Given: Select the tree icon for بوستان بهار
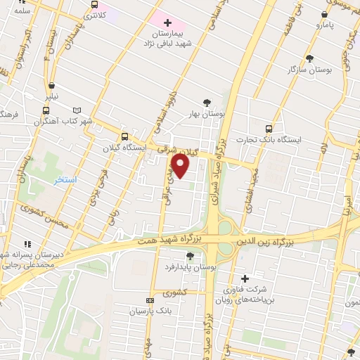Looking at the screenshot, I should click(207, 101).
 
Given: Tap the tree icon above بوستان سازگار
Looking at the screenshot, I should click(309, 58).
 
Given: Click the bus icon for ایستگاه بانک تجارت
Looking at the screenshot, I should click(269, 128).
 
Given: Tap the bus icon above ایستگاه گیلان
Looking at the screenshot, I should click(124, 136).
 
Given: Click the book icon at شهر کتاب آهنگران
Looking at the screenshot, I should click(77, 110).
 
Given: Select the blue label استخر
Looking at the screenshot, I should click(66, 180).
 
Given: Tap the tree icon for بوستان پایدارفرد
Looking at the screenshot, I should click(190, 256).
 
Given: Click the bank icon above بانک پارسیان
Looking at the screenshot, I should click(148, 299).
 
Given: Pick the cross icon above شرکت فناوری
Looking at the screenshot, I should click(245, 278).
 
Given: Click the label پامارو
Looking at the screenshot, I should click(326, 25).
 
